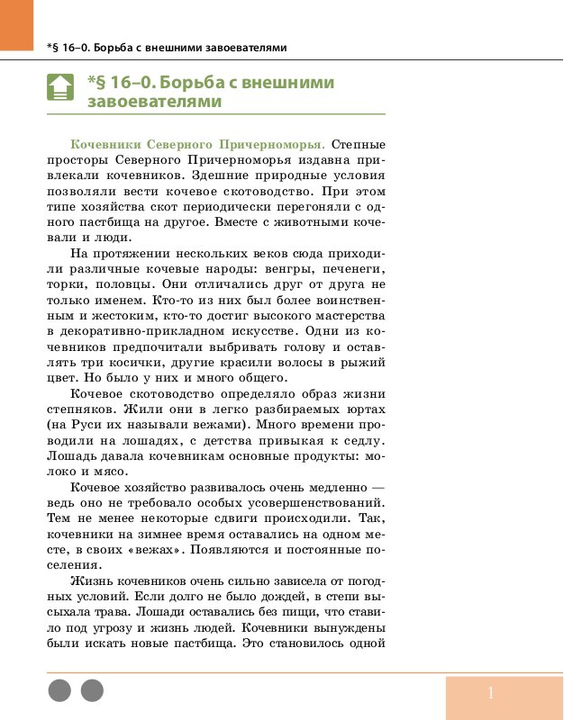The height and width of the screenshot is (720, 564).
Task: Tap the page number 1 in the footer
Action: (491, 693)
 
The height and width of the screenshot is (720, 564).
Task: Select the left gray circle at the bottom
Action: (59, 691)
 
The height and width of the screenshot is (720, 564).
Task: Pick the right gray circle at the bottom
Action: (92, 691)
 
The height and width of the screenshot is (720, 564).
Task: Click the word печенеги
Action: (347, 270)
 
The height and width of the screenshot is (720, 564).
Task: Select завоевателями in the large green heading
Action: (154, 102)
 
